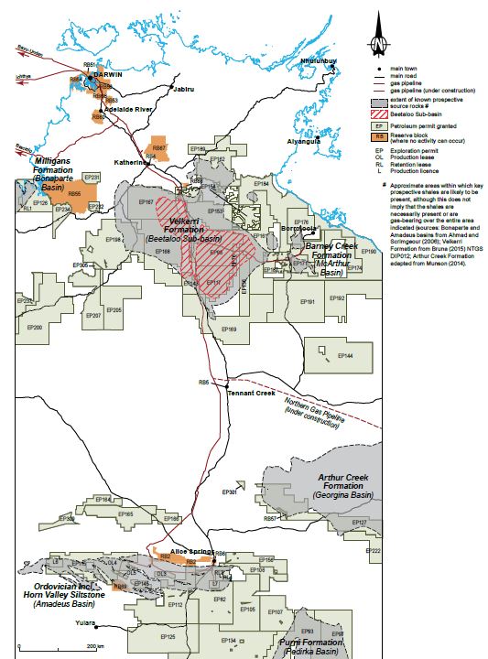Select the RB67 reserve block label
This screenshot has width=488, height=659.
pyautogui.click(x=158, y=147)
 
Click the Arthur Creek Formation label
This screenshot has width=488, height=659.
pyautogui.click(x=347, y=482)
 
